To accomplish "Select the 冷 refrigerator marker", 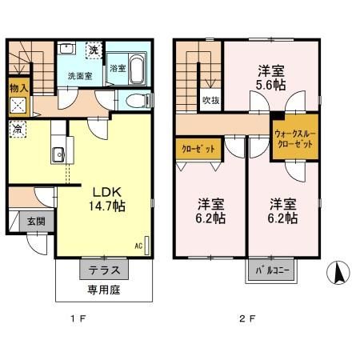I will coord(16,126).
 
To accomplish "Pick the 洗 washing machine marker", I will coord(94,50).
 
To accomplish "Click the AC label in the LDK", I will coord(138,246).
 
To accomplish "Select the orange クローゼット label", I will coord(192,149).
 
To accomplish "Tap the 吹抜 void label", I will coord(210,101).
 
